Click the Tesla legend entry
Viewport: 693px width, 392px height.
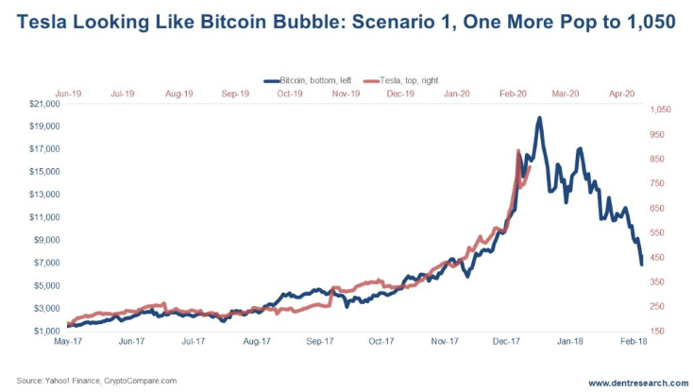tap(413, 82)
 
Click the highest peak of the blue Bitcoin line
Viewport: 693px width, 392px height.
tap(539, 118)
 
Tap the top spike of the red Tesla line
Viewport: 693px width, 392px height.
tap(518, 150)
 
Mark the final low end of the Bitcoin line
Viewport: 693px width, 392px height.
tap(642, 264)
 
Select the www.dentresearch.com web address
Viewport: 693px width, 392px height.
tap(638, 383)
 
